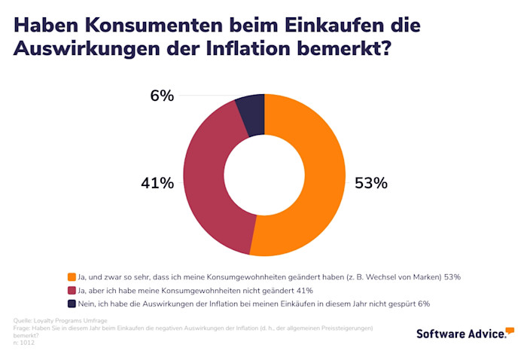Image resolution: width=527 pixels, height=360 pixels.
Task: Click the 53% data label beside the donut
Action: point(370,183)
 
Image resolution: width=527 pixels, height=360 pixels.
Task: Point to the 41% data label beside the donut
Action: point(157,183)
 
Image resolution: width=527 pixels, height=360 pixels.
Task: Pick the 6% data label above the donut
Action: point(162,96)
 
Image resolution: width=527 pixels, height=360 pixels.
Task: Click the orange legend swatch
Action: point(72,276)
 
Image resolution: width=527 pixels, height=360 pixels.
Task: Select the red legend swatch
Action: point(72,290)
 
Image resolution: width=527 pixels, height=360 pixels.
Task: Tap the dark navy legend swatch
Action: point(72,304)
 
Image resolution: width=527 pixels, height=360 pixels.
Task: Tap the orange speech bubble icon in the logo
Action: point(510,330)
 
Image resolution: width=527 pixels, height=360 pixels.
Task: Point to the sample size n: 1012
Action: point(23,343)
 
